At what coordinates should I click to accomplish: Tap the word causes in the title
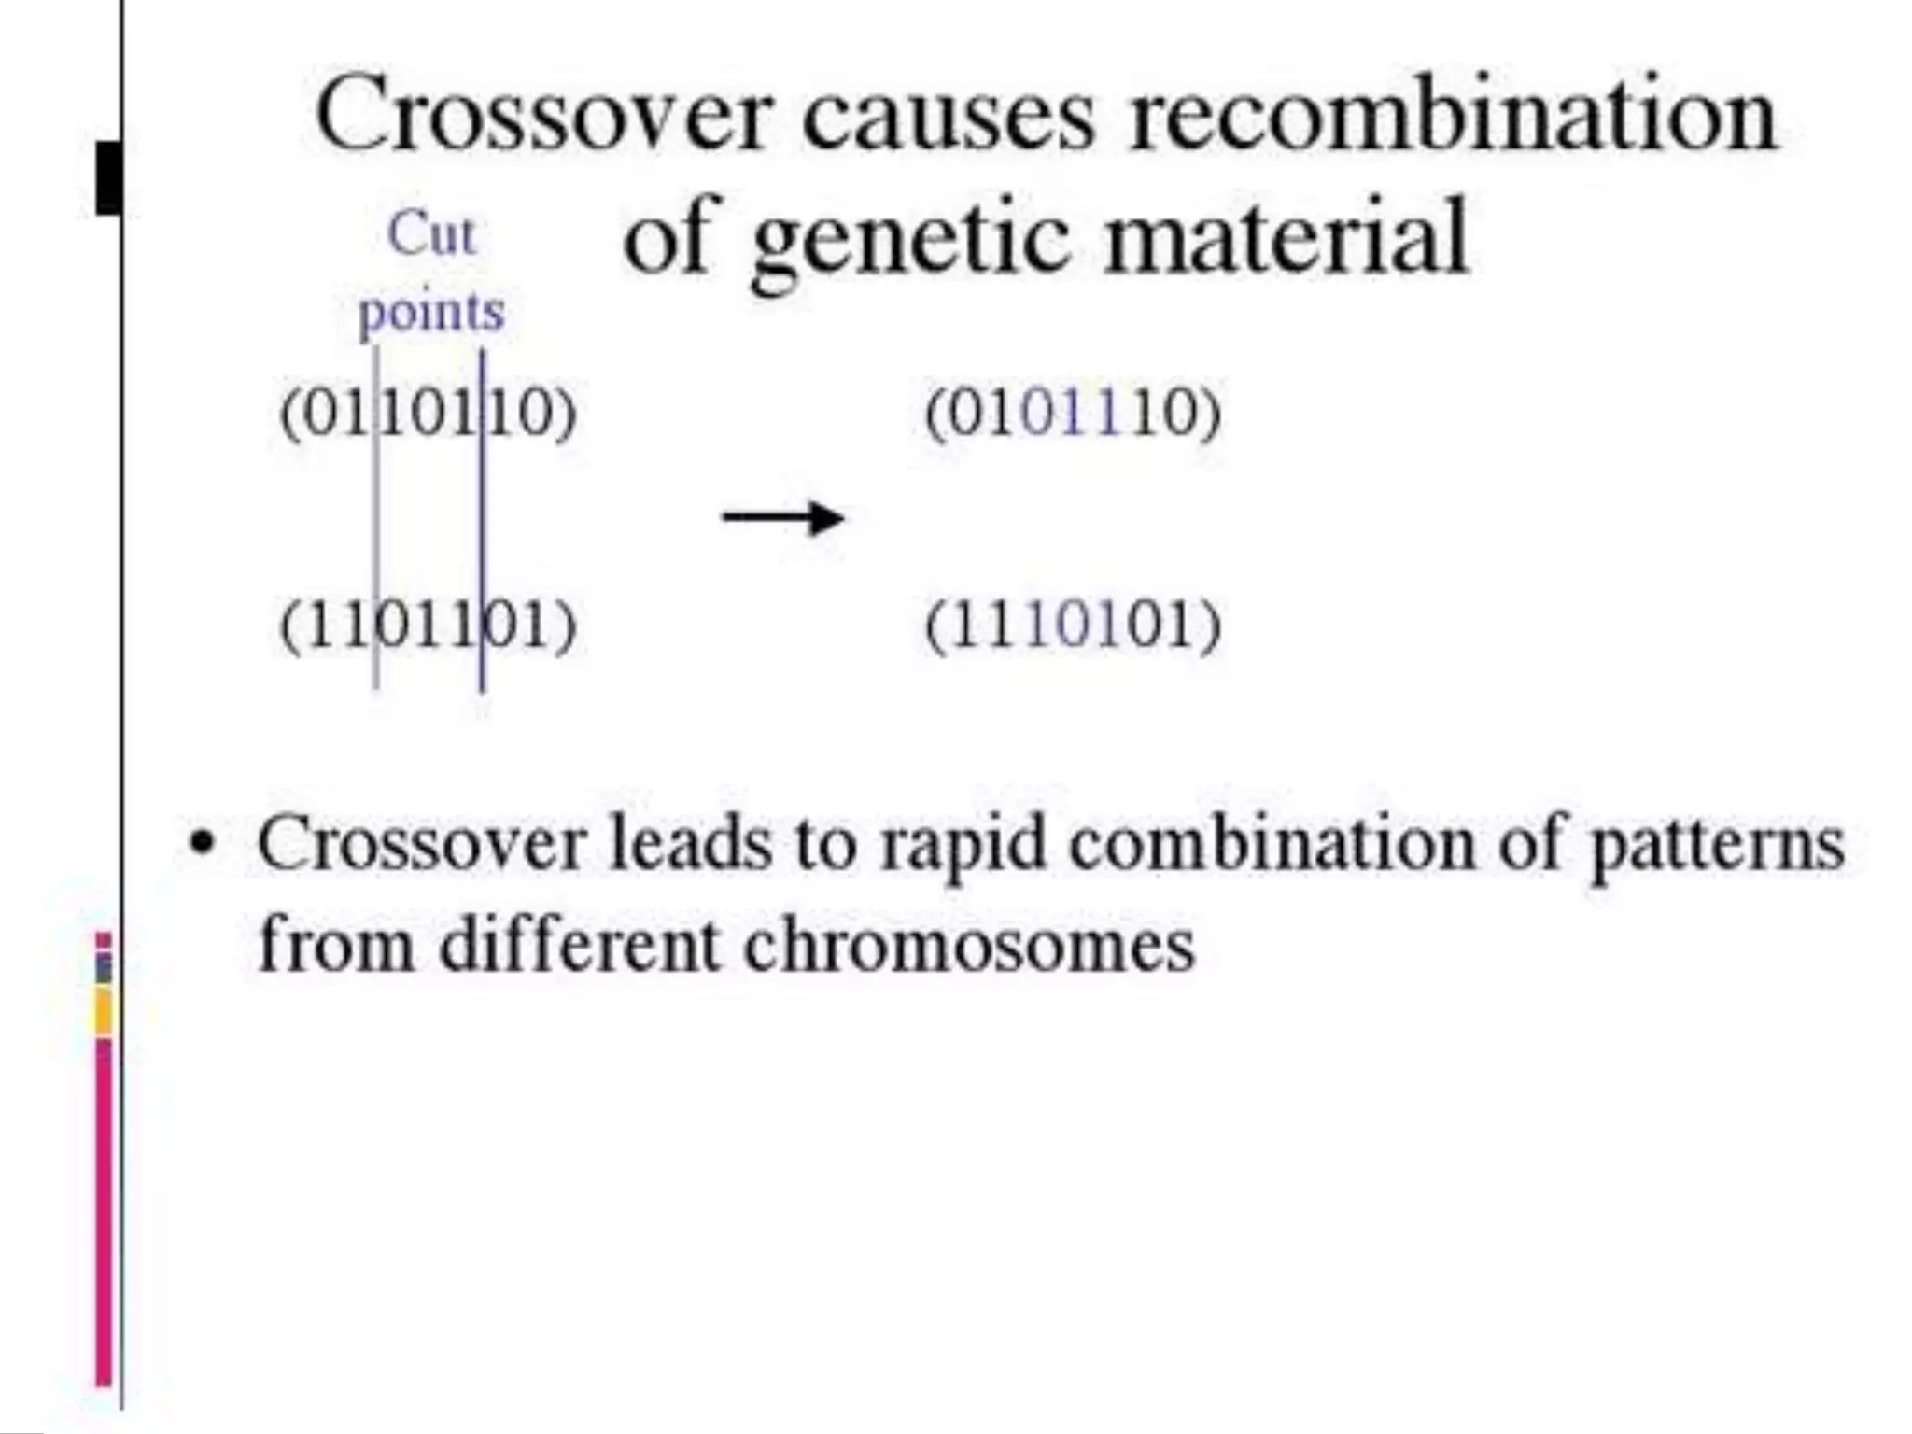click(x=948, y=117)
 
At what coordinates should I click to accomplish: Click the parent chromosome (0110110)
click(x=429, y=412)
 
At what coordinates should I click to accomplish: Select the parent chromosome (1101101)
click(x=429, y=625)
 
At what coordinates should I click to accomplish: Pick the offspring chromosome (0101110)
click(x=1073, y=412)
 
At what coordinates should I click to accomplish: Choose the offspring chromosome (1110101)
click(x=1073, y=625)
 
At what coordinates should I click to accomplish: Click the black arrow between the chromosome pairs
click(x=782, y=518)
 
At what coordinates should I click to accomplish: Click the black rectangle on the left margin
click(x=108, y=177)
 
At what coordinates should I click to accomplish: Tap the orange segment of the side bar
click(x=104, y=1012)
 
